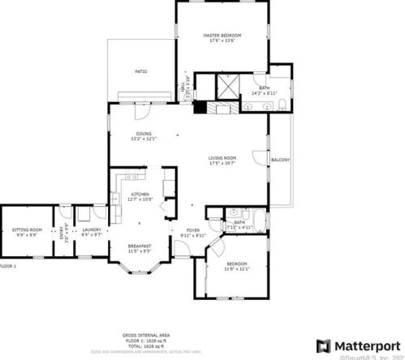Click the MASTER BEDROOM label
[222, 36]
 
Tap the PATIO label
[140, 71]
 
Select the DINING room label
[143, 134]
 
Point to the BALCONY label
[280, 160]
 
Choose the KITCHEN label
[140, 195]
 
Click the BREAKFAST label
[140, 245]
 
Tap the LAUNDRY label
[90, 230]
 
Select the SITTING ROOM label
[26, 230]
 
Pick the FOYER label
[193, 230]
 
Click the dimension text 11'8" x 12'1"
[237, 268]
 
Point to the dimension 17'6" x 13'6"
[222, 41]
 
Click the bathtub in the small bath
[256, 218]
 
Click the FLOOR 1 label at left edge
[8, 266]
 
